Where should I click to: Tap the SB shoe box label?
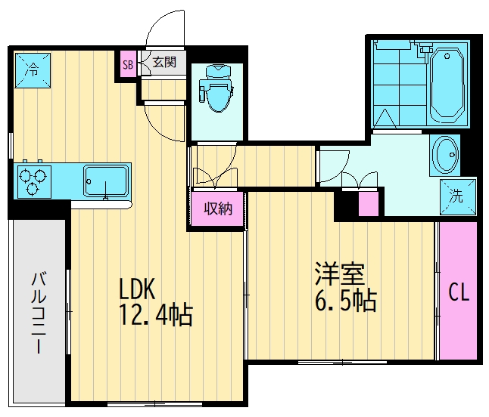click(x=127, y=64)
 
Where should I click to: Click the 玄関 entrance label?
click(x=164, y=63)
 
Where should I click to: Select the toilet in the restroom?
click(x=216, y=89)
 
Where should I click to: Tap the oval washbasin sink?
click(x=446, y=156)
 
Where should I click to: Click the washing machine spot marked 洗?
click(x=458, y=196)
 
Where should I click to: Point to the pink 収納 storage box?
click(x=216, y=209)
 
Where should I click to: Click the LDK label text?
click(x=137, y=289)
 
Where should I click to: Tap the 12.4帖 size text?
click(x=155, y=314)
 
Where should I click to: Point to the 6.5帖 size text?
click(x=345, y=301)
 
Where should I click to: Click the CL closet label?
click(x=459, y=292)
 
